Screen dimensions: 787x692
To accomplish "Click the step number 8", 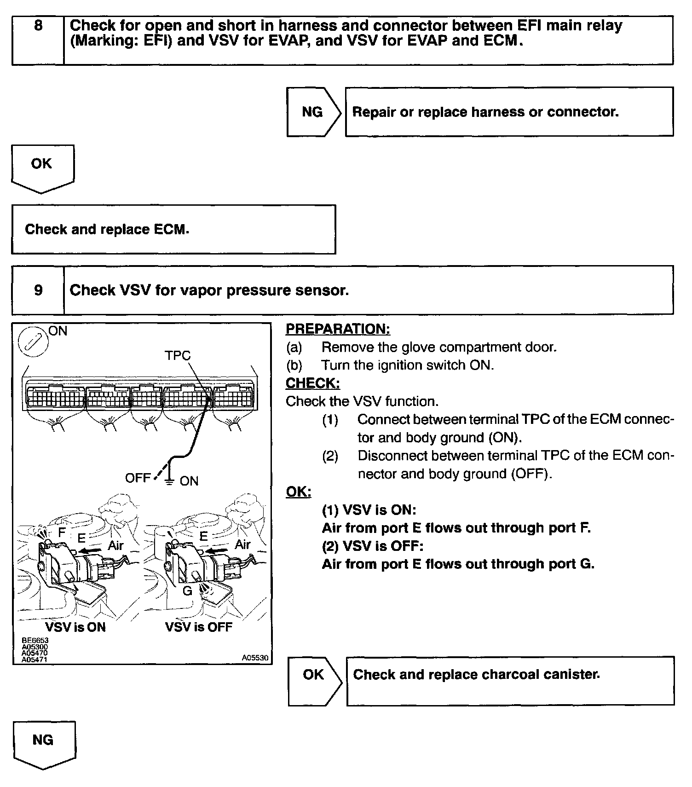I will pyautogui.click(x=38, y=25).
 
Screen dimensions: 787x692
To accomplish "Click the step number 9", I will pyautogui.click(x=38, y=290).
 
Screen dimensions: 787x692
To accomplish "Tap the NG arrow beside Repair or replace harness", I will pyautogui.click(x=313, y=112).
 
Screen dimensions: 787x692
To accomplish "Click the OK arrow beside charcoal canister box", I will pyautogui.click(x=314, y=675).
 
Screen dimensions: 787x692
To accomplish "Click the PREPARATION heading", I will pyautogui.click(x=338, y=329).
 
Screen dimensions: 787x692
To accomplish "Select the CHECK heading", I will pyautogui.click(x=313, y=383).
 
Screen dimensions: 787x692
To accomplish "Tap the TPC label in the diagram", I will pyautogui.click(x=178, y=355).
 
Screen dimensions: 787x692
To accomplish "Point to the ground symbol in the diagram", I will pyautogui.click(x=170, y=480).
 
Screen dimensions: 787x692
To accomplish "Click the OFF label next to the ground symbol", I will pyautogui.click(x=138, y=478).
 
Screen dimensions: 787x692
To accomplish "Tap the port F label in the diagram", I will pyautogui.click(x=62, y=532).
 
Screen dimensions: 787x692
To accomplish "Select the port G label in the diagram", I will pyautogui.click(x=187, y=590).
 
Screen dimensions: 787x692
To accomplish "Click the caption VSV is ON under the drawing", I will pyautogui.click(x=75, y=627).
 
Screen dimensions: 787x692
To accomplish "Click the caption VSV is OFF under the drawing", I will pyautogui.click(x=199, y=627).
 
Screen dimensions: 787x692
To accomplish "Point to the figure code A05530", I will pyautogui.click(x=255, y=658).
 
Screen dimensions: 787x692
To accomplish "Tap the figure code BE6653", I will pyautogui.click(x=35, y=640).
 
